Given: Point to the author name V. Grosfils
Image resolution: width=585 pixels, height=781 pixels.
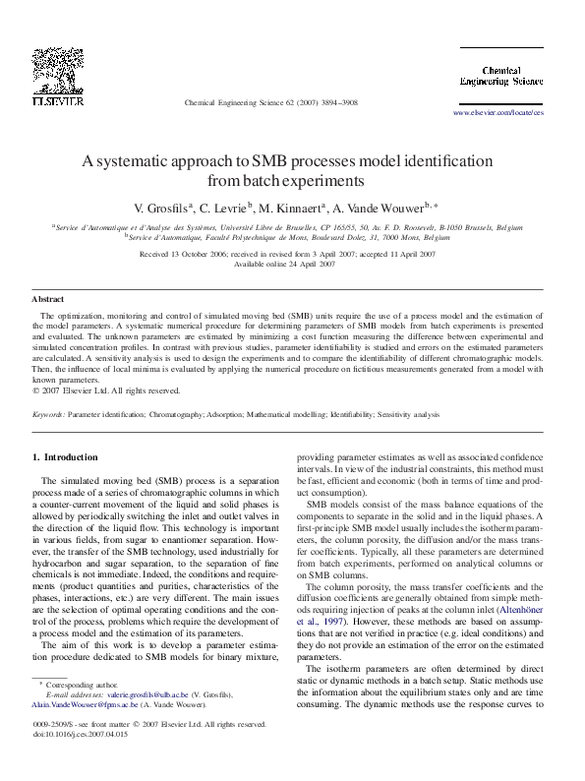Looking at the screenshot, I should click(161, 208).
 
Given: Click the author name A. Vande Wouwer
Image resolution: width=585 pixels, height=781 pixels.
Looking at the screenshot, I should click(381, 208).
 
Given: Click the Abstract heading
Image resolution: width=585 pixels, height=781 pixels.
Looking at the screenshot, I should click(48, 297).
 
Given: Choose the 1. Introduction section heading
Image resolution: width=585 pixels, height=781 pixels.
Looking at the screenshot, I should click(65, 457).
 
